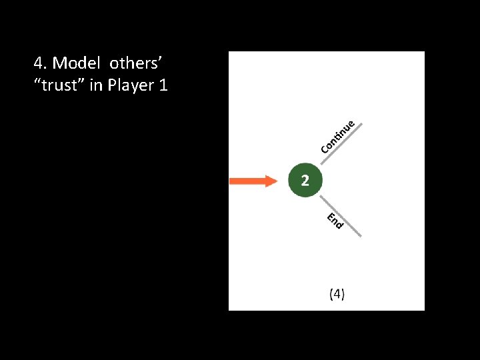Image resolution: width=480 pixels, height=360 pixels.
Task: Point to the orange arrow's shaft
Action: tap(247, 181)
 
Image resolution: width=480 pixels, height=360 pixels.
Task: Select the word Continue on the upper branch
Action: tap(340, 136)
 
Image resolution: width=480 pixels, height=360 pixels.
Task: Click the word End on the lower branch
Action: tap(335, 220)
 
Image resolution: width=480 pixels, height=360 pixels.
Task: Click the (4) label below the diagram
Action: tap(337, 294)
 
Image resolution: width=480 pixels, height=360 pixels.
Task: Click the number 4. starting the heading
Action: tap(40, 63)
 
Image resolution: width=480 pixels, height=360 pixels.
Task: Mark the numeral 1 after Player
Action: tap(163, 85)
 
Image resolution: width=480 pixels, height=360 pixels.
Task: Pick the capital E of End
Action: tap(330, 215)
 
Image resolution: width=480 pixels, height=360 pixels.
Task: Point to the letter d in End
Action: tap(339, 225)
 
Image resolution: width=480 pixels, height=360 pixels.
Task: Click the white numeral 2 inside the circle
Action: tap(304, 180)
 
